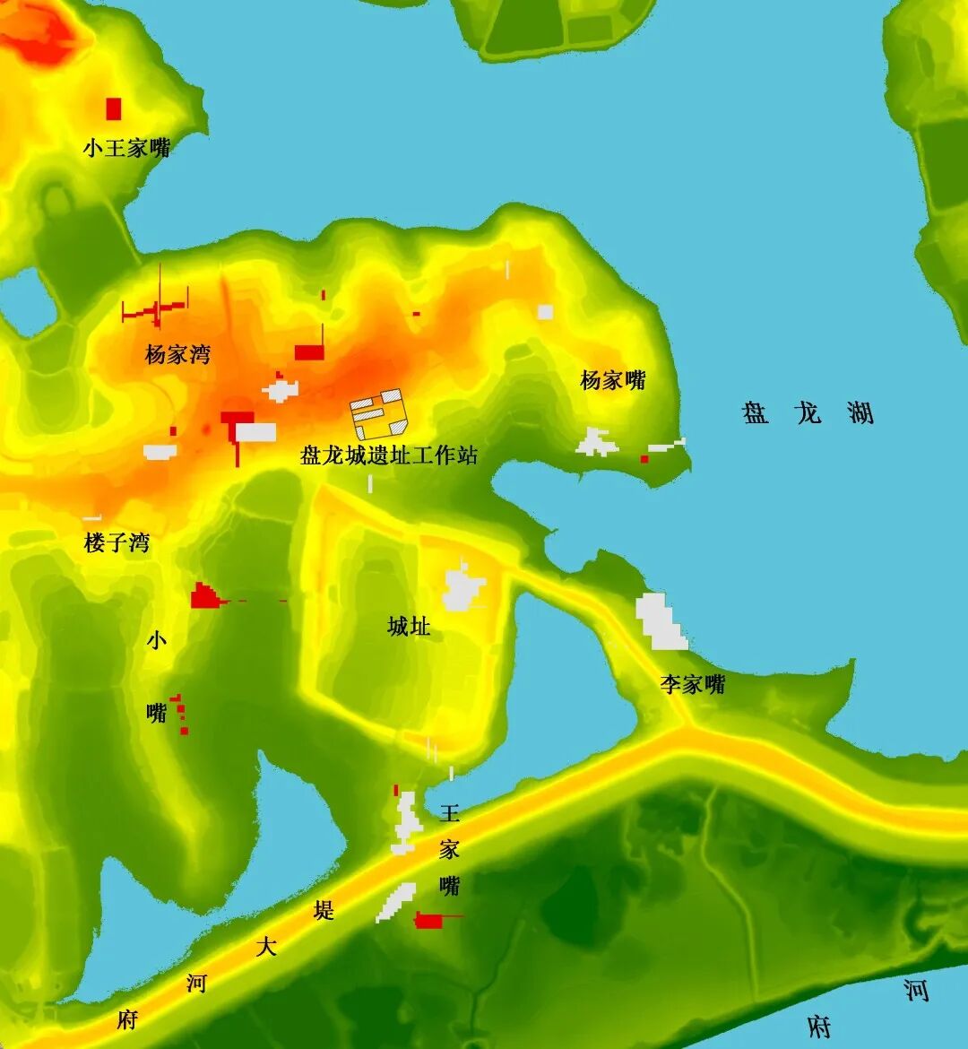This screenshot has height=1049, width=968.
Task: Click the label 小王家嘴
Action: tap(127, 148)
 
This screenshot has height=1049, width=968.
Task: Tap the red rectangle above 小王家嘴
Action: tap(114, 108)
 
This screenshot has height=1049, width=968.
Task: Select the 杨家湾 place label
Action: tap(177, 355)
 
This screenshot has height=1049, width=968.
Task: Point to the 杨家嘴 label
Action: tap(613, 380)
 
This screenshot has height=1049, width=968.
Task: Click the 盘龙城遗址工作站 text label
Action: tap(389, 455)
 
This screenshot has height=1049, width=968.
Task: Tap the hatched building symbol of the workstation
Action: tap(378, 413)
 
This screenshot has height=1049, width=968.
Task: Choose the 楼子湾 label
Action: tap(117, 542)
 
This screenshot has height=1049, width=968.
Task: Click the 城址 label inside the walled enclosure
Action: tap(409, 626)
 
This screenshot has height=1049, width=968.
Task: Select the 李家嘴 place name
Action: tap(693, 685)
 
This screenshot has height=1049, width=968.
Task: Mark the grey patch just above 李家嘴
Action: tap(661, 620)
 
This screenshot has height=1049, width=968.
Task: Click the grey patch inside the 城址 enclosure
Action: tap(462, 589)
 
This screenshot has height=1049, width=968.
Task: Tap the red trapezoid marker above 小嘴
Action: tap(205, 596)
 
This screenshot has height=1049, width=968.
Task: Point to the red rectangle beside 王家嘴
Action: tap(429, 921)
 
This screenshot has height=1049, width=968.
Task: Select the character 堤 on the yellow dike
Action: tap(324, 911)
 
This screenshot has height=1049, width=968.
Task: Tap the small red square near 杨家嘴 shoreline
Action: tap(644, 459)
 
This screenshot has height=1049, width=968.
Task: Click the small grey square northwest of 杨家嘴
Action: tap(545, 312)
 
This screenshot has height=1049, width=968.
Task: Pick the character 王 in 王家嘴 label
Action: tap(449, 813)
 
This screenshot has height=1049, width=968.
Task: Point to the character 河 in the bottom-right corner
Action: tap(915, 991)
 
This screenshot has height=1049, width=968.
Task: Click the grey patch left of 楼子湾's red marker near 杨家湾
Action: tap(160, 452)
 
